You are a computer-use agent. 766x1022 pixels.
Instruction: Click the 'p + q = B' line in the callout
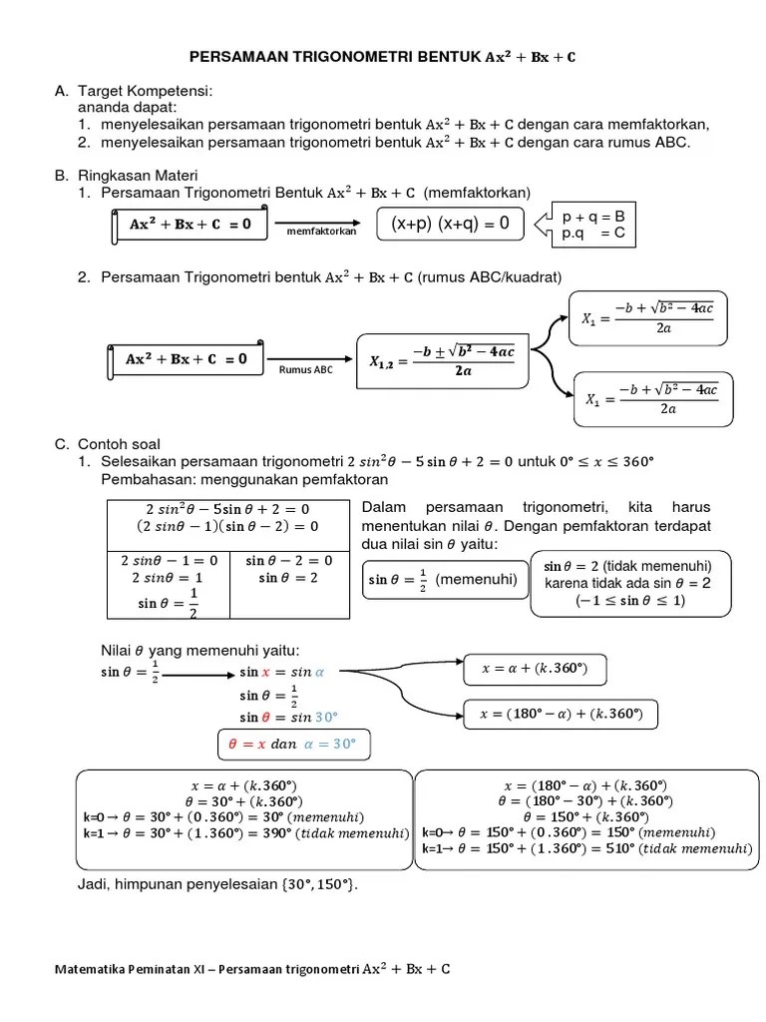592,216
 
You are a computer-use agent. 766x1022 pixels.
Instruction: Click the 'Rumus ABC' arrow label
305,368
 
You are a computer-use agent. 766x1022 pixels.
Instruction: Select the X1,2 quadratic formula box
443,361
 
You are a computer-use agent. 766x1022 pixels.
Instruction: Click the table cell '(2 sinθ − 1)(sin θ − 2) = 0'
227,526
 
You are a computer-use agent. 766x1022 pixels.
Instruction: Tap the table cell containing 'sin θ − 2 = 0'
288,561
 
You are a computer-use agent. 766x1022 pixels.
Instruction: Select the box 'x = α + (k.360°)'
535,669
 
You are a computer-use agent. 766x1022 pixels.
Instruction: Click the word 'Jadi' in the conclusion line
93,884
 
